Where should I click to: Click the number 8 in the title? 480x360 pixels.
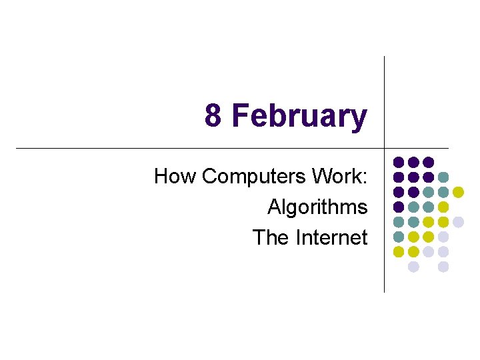213,115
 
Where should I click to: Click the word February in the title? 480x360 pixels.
299,117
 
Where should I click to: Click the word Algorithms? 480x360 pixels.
317,207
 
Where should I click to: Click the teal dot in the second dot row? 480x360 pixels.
443,177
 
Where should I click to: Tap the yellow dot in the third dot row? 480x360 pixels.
458,192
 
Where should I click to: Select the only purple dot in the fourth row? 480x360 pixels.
398,207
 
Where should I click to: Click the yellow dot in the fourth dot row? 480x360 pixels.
443,207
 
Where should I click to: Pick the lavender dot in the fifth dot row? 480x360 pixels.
458,222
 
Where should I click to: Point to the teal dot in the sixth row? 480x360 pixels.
398,237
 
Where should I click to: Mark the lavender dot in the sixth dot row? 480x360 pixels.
443,237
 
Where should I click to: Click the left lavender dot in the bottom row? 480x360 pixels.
413,267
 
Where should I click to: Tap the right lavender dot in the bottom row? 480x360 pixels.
443,267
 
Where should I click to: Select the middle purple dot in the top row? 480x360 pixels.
413,162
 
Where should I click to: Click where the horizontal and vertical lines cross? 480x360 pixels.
385,147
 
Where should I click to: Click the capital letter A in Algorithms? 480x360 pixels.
273,207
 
